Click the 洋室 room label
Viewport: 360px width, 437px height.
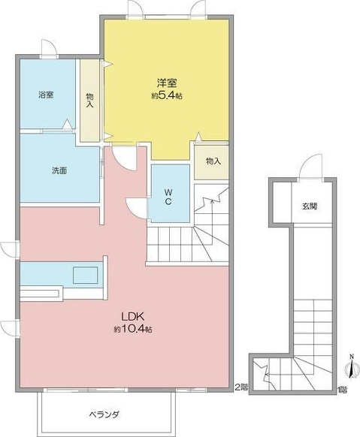[x=166, y=83]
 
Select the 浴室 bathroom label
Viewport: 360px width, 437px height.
[x=47, y=95]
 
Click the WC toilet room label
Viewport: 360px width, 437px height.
[x=169, y=197]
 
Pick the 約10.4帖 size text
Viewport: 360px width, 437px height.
[x=134, y=329]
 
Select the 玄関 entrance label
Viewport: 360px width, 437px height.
[x=310, y=205]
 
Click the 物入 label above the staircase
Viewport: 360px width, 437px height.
[x=213, y=161]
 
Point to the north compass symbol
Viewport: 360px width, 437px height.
[x=349, y=367]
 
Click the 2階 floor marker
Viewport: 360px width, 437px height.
[x=240, y=387]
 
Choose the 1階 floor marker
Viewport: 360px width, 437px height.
[x=343, y=389]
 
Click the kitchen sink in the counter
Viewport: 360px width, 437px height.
[x=85, y=274]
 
